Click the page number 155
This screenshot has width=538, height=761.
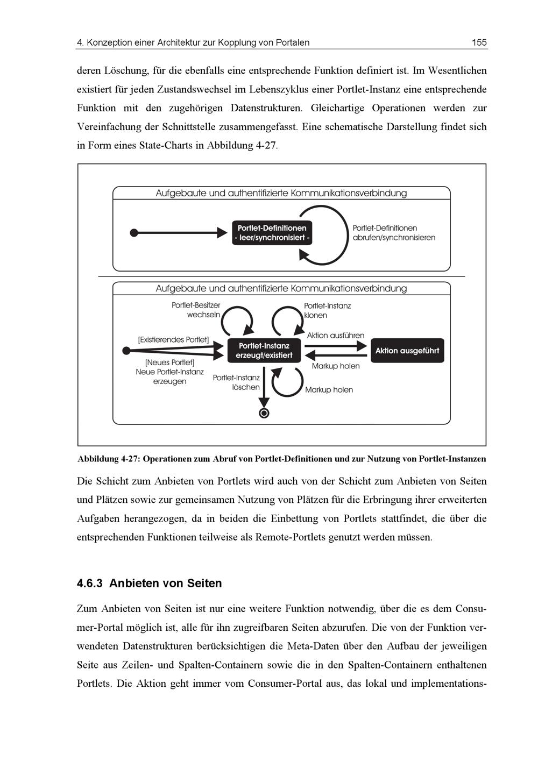[479, 42]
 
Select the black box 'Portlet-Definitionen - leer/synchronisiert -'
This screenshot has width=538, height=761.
[272, 233]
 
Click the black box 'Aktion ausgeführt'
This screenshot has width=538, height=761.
[407, 351]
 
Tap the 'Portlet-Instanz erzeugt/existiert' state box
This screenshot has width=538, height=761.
[264, 351]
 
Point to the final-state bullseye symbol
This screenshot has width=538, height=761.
[264, 413]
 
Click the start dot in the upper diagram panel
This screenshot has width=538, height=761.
[134, 233]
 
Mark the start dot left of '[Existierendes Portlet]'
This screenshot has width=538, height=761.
[126, 351]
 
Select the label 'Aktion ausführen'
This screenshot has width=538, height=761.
[335, 336]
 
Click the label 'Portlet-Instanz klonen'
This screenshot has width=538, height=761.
[327, 310]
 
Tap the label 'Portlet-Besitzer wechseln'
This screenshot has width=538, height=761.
[196, 310]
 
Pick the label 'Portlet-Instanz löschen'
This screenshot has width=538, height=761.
[237, 382]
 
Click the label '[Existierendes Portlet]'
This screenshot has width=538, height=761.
[173, 340]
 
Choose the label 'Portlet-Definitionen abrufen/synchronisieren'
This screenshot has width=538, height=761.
[393, 233]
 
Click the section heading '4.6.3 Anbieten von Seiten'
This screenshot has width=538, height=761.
[149, 584]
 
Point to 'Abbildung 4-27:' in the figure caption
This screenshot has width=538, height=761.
[109, 459]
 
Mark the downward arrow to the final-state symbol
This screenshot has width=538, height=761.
[264, 387]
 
